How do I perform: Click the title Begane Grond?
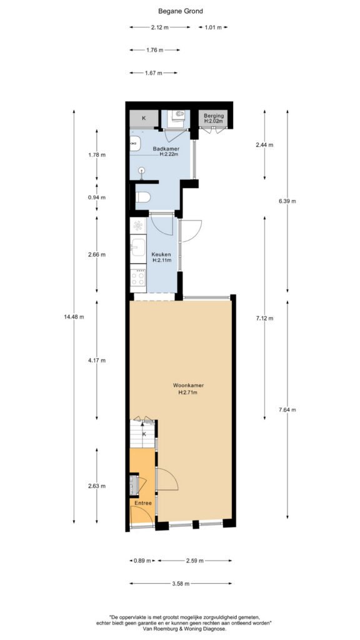[180, 11]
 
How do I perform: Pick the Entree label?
[143, 503]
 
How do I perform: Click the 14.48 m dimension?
[74, 317]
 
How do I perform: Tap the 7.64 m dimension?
[287, 410]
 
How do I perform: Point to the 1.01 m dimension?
[213, 27]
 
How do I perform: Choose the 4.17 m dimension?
[97, 361]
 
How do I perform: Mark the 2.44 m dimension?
[264, 145]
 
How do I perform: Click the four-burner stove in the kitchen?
[138, 278]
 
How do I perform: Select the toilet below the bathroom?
[143, 197]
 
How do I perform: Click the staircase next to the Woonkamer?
[143, 434]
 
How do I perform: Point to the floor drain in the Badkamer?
[142, 171]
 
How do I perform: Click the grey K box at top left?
[144, 118]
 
